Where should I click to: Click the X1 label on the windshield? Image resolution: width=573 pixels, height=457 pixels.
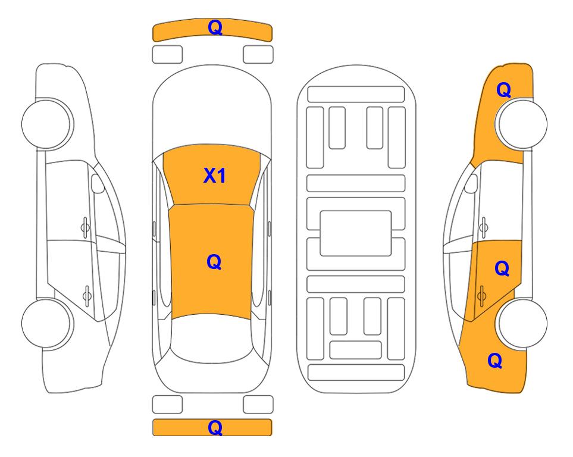point(215,176)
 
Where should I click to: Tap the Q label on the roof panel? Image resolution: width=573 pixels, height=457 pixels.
point(214,262)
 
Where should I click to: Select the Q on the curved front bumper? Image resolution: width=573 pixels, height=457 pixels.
point(215,27)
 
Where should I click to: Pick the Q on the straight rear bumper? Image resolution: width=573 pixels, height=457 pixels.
point(215,427)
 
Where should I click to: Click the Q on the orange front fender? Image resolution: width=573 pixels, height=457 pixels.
point(503,90)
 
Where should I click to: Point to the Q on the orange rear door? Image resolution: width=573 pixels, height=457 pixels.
point(502,269)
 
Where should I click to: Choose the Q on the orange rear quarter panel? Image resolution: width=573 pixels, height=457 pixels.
point(495,361)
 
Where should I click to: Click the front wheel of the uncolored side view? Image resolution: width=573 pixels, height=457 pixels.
point(47,124)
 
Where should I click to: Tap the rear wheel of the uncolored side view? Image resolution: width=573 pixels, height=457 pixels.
point(47,323)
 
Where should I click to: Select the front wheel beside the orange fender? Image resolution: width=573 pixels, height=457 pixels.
point(521,124)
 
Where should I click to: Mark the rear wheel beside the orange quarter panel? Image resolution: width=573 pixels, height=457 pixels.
point(521,323)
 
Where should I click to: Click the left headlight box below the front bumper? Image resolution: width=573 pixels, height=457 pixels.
point(167,55)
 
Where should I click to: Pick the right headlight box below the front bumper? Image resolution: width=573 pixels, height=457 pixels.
point(258,55)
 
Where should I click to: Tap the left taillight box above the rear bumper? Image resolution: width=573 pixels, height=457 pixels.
point(167,405)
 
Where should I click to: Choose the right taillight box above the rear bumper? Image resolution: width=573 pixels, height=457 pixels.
point(258,405)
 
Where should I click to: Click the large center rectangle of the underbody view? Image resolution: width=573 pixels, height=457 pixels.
point(356,233)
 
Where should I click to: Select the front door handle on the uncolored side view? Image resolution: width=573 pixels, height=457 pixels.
point(85,227)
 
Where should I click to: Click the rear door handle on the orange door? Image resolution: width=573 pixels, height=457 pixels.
point(481,296)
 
